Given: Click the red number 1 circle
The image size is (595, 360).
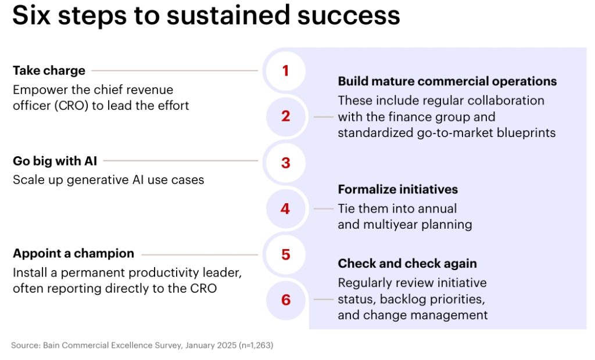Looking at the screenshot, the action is (286, 71).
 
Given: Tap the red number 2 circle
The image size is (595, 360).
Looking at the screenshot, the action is (286, 116).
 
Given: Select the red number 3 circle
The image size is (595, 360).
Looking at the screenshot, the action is (286, 163).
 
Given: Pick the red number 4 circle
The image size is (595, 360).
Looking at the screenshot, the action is (286, 209).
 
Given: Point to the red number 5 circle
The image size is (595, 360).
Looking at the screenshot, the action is (286, 254).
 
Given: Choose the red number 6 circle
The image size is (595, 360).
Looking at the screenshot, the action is (286, 300).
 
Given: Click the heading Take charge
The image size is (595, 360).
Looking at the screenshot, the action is (49, 71).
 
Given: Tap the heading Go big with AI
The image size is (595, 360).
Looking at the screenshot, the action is (55, 161).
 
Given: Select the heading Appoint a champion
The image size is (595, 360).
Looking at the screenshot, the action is (74, 253).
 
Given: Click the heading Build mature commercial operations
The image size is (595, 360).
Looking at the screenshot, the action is (447, 81).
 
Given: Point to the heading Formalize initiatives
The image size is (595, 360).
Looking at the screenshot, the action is (397, 189).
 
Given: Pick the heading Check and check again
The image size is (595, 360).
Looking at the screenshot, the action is (407, 263).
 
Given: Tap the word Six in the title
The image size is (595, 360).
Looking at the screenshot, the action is (31, 16).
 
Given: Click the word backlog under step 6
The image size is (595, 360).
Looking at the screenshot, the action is (403, 299).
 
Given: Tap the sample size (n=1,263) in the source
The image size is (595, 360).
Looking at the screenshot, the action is (256, 345).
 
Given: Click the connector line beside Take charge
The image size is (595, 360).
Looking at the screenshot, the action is (174, 71).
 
